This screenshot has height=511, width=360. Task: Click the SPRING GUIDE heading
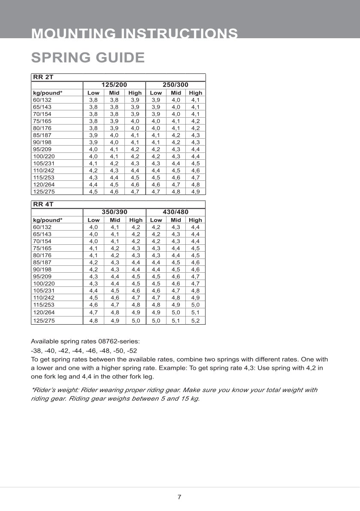tap(88, 58)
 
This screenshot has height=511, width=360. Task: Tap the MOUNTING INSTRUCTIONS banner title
tap(135, 33)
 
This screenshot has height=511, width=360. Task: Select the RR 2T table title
tap(43, 77)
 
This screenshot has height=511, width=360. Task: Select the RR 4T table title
tap(43, 204)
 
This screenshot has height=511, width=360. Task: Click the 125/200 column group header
tap(114, 85)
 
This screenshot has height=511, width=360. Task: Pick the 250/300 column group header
tap(175, 85)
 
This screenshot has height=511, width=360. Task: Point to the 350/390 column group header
tap(114, 212)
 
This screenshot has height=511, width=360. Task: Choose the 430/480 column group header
tap(175, 212)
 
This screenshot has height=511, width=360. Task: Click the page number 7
tap(179, 497)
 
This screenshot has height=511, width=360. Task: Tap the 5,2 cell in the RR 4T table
tap(195, 320)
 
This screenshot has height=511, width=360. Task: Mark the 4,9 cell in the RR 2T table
tap(195, 192)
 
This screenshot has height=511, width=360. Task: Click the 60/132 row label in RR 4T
tap(42, 227)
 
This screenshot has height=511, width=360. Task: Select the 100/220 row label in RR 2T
tap(44, 156)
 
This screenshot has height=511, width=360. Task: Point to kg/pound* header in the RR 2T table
tap(48, 93)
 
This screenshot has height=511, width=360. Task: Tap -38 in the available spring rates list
tap(36, 350)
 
